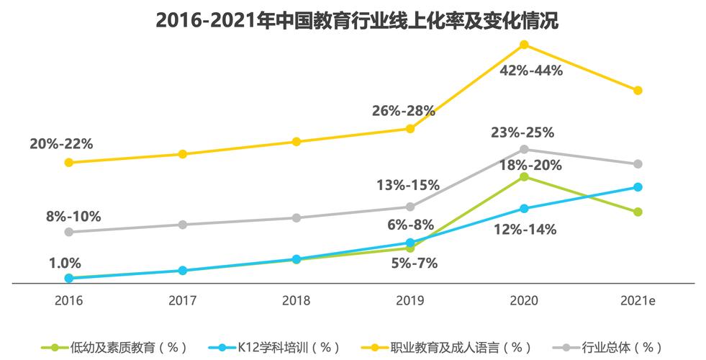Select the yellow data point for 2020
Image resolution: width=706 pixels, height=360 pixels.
(x=524, y=45)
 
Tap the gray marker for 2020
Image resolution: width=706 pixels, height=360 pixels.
(x=524, y=150)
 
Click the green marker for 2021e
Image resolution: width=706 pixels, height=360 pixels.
(x=638, y=212)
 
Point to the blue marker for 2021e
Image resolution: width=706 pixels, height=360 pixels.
(x=638, y=187)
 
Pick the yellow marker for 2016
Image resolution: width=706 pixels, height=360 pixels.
(x=69, y=163)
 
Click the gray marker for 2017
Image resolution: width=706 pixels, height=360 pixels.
(x=183, y=225)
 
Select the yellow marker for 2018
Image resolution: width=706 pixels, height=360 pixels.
(x=297, y=142)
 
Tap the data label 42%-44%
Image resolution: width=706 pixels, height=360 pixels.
(x=531, y=71)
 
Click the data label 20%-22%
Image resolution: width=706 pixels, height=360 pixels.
(x=61, y=143)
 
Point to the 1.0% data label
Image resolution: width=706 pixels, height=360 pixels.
(x=65, y=263)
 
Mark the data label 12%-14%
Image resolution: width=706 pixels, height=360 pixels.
(x=525, y=230)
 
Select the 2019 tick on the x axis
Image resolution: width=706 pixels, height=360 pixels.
(x=410, y=300)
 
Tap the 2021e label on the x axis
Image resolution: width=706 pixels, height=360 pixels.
(x=638, y=300)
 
